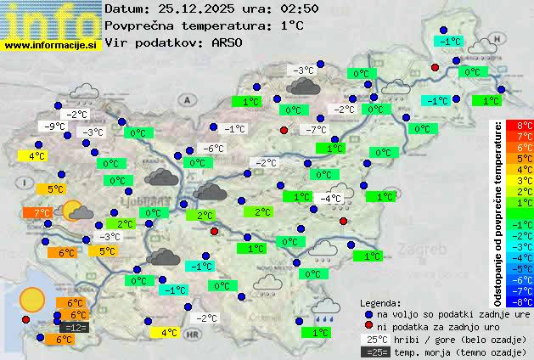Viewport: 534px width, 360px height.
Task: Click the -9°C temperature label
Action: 55,127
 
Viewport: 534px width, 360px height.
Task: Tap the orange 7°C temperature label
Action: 42,212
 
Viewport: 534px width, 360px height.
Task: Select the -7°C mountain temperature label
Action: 316,130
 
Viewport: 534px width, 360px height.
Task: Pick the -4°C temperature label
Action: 331,199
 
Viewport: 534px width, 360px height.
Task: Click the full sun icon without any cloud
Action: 32,299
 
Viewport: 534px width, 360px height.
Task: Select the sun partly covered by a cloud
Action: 77,211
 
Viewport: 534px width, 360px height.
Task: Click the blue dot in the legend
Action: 368,313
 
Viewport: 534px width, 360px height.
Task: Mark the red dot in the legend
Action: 368,325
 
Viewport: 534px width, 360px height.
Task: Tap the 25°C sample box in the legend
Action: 375,339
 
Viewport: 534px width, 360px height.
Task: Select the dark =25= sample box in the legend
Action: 375,352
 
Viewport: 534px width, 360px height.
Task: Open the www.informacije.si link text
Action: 51,46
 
